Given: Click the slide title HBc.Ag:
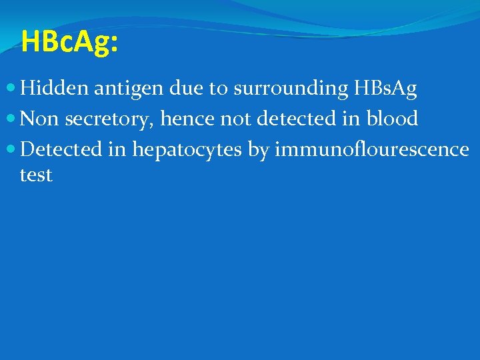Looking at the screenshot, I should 69,41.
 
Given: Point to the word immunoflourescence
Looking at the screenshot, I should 372,149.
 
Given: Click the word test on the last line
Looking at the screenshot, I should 36,175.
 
